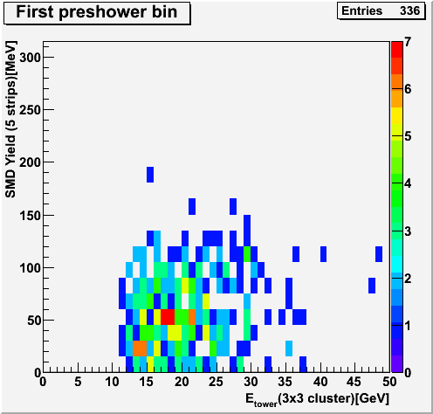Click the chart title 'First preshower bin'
point(97,12)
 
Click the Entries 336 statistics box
point(381,10)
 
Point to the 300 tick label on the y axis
point(30,58)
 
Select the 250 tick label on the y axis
point(30,110)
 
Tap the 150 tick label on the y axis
point(30,216)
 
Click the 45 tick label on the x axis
point(354,382)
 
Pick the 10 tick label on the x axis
point(112,382)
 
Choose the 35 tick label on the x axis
point(285,382)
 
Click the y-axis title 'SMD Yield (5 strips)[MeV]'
point(10,120)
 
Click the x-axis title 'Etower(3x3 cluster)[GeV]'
point(317,399)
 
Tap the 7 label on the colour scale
point(408,42)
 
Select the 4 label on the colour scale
point(408,184)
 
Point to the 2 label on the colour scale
point(408,279)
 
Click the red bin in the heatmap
point(168,317)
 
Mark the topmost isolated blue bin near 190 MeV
point(150,175)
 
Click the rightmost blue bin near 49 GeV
point(379,254)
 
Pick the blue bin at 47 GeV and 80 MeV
point(372,286)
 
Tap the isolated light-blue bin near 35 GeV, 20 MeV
point(289,348)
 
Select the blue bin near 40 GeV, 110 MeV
point(323,254)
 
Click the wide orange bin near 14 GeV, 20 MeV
point(140,348)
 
